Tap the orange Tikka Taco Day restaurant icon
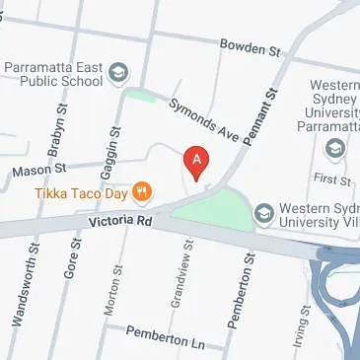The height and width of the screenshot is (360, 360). click(143, 190)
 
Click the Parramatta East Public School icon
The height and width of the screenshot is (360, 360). click(119, 72)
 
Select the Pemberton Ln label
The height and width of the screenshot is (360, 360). click(164, 338)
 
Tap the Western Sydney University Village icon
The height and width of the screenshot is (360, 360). click(264, 213)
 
